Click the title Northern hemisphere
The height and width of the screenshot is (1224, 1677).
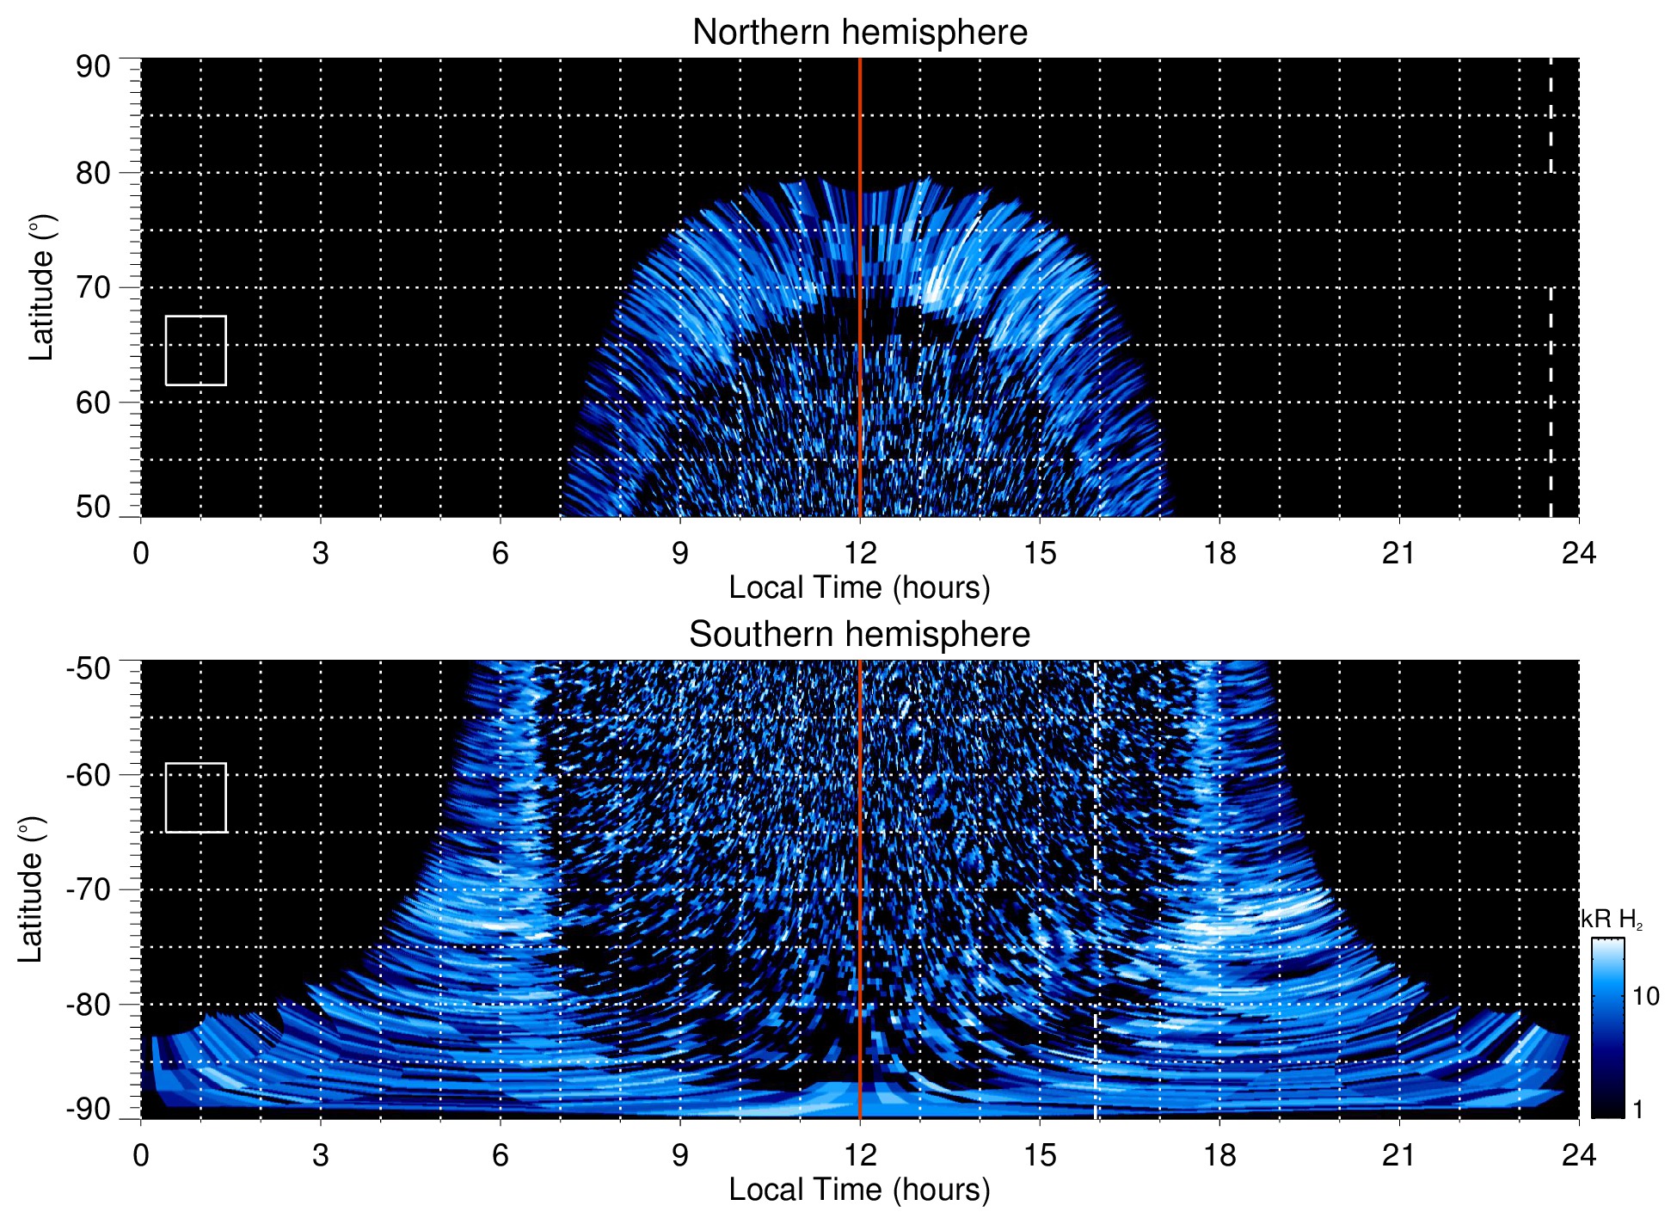(x=859, y=33)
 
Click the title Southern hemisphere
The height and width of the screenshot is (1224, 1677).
(x=859, y=635)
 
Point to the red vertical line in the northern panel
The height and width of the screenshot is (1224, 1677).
(x=860, y=258)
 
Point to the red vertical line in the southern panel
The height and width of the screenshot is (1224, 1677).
(x=860, y=860)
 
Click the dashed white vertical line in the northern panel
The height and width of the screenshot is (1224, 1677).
(x=1551, y=344)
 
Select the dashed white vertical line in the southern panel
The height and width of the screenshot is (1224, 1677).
(x=1095, y=946)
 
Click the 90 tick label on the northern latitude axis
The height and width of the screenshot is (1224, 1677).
(x=93, y=67)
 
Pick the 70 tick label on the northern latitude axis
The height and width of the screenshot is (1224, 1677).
(x=93, y=287)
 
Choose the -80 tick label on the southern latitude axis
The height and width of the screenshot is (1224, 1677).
(x=88, y=1005)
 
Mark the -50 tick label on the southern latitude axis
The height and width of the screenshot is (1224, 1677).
(x=88, y=668)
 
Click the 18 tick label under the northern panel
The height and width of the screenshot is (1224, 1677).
(x=1219, y=553)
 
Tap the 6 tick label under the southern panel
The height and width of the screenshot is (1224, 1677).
(x=500, y=1155)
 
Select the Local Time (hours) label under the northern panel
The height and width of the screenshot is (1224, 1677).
(x=859, y=587)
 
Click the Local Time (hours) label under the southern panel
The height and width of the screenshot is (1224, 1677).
(x=859, y=1190)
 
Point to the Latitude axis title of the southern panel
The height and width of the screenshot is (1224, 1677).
(x=30, y=889)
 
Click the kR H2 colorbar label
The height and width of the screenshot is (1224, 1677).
(x=1612, y=920)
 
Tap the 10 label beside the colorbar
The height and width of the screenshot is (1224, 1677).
(x=1645, y=997)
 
